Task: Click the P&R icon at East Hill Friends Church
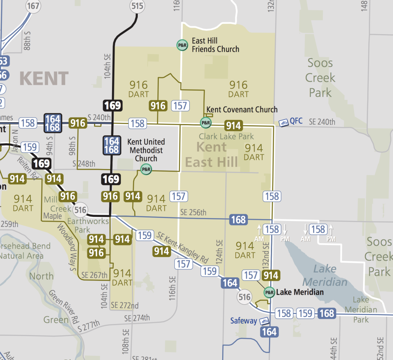(x=182, y=45)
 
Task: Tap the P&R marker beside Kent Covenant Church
(x=206, y=123)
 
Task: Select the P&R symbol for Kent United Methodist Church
(x=146, y=169)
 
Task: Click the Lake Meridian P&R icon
(x=269, y=292)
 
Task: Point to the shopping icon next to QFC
(x=283, y=123)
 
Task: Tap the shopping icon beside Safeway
(x=264, y=321)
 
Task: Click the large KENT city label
(x=44, y=78)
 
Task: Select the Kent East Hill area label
(x=211, y=154)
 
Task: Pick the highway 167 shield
(x=33, y=6)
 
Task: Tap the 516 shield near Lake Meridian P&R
(x=244, y=297)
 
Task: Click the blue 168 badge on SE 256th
(x=238, y=220)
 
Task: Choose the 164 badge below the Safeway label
(x=269, y=332)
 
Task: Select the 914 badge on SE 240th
(x=233, y=125)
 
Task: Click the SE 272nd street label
(x=125, y=306)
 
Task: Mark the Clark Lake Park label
(x=226, y=136)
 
